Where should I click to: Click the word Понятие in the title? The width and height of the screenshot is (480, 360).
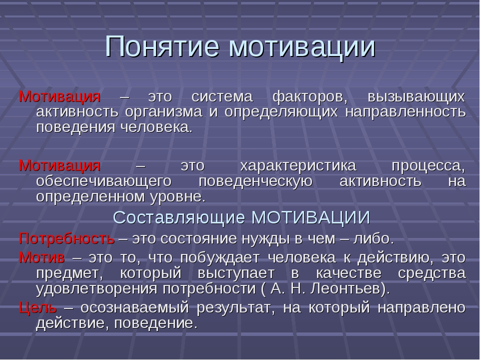click(162, 46)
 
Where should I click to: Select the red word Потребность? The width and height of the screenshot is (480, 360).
click(66, 238)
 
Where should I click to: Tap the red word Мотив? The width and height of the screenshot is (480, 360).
click(42, 257)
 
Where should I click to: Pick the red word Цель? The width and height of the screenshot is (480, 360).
click(38, 307)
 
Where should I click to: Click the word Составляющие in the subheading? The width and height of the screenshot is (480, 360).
click(179, 218)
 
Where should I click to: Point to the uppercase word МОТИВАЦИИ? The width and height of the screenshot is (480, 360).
click(310, 217)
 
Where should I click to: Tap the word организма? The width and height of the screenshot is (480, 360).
click(164, 112)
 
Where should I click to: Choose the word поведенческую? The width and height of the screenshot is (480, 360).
click(255, 181)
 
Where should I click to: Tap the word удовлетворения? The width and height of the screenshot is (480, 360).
click(96, 289)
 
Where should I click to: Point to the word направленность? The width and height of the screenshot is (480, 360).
click(405, 112)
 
